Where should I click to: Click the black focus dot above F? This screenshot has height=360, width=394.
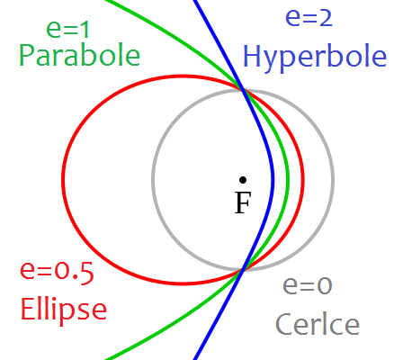click(x=243, y=180)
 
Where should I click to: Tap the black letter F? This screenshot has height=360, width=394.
click(x=243, y=202)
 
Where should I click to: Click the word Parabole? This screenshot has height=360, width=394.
click(x=80, y=56)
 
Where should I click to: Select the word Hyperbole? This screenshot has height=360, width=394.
click(x=315, y=58)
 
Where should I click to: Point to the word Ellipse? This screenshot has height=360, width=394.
click(x=64, y=309)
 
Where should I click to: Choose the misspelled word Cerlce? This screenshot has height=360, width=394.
click(x=318, y=324)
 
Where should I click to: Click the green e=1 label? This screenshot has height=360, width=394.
click(x=68, y=30)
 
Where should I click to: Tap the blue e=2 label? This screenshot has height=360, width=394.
click(x=309, y=17)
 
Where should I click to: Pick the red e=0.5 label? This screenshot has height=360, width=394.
click(x=57, y=273)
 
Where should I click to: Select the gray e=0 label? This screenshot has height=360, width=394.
click(x=308, y=285)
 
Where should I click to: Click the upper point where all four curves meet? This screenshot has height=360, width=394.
click(x=243, y=89)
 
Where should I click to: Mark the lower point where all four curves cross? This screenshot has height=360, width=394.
click(x=243, y=270)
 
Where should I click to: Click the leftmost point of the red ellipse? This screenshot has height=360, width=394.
click(x=63, y=179)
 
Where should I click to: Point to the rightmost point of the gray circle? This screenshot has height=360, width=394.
click(x=333, y=180)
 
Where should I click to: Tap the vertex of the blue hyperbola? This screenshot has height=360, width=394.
click(x=273, y=180)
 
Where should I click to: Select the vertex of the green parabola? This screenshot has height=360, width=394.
click(x=288, y=180)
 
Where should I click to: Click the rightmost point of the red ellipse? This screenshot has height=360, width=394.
click(x=303, y=179)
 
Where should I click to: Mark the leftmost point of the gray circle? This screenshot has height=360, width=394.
click(x=153, y=180)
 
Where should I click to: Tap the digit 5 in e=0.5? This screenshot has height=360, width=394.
click(x=86, y=273)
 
